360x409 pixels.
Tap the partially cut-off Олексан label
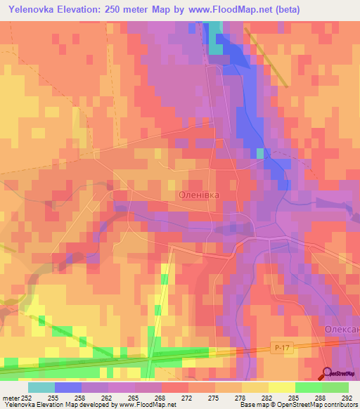click(x=342, y=330)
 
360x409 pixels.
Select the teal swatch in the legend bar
click(x=41, y=387)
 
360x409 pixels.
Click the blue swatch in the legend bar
click(x=67, y=387)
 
